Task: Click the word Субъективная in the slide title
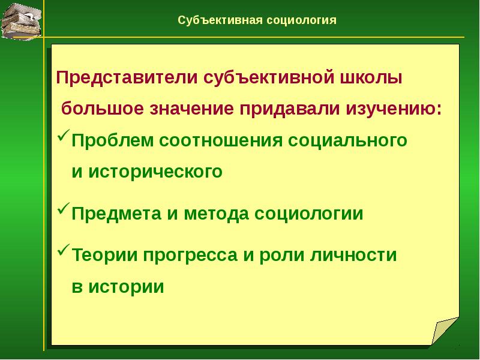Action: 220,20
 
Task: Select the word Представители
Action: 127,79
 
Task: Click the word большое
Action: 109,110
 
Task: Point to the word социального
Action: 348,140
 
